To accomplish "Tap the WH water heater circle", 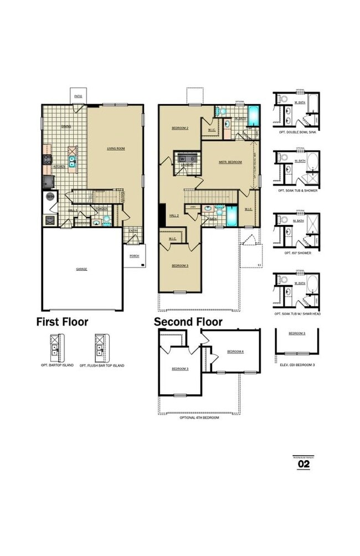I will [x=50, y=196].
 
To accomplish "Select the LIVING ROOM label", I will [x=115, y=148].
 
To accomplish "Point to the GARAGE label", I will [x=81, y=269].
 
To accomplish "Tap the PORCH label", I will [x=134, y=256].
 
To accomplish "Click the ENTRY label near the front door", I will [x=133, y=230].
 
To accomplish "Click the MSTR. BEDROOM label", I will [x=230, y=162].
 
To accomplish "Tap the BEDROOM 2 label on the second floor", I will [x=180, y=128].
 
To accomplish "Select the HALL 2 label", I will [x=174, y=215].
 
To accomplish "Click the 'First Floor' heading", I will [x=62, y=322].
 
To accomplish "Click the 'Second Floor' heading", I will [x=188, y=322].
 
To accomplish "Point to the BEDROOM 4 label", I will [x=235, y=352].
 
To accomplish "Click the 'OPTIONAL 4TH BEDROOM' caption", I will [x=199, y=418].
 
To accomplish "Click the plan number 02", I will [x=304, y=465].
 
